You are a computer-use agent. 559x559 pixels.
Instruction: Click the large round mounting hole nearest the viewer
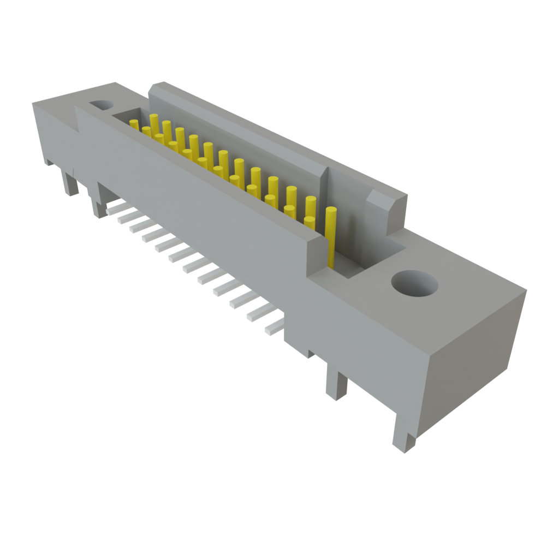tap(415, 284)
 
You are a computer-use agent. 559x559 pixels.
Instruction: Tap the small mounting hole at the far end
tap(100, 104)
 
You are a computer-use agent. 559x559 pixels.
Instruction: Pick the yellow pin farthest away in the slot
tap(134, 124)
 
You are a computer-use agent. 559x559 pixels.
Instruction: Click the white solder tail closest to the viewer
tap(273, 328)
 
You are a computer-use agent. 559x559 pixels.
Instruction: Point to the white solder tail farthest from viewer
tap(114, 206)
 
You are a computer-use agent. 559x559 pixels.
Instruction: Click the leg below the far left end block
tap(70, 183)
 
